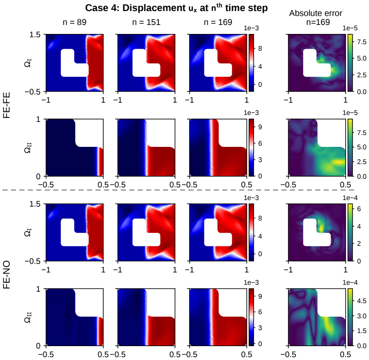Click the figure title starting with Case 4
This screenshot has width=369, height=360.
176,8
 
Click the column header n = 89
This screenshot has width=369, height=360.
75,22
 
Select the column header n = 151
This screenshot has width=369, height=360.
146,22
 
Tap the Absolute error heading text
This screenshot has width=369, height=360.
316,13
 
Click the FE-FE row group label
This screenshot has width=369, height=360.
7,105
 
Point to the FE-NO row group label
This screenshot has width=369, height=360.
7,274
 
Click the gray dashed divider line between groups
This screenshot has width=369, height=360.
178,190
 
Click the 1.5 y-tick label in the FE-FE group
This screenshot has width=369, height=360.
35,34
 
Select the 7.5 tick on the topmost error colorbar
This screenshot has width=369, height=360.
362,42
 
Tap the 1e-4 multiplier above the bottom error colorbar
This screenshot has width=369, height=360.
350,282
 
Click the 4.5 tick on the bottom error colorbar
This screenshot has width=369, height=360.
362,301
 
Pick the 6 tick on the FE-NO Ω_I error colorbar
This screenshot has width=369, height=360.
359,209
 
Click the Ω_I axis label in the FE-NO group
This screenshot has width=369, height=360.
28,232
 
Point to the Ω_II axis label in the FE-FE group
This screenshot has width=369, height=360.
28,148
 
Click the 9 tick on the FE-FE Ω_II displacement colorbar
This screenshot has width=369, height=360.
260,127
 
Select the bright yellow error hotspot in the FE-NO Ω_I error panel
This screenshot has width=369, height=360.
321,228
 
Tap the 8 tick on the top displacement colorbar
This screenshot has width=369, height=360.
260,48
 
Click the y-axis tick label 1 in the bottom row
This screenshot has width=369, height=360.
38,289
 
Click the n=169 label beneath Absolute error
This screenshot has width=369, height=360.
318,22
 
